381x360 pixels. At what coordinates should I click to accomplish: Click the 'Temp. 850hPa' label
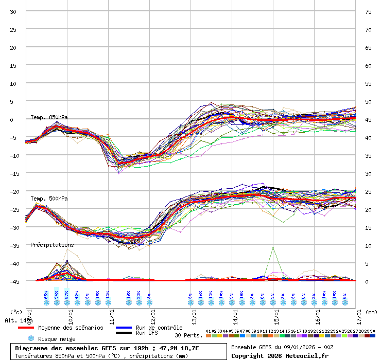[49, 117]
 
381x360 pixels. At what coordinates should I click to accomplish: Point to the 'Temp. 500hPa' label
[49, 199]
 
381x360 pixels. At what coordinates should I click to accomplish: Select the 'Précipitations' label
[52, 245]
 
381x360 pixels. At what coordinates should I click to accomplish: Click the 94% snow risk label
[56, 294]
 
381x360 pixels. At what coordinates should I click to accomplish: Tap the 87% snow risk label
[67, 294]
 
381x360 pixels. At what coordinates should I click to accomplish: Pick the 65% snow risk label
[46, 294]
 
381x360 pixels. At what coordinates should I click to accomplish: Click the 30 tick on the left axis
[13, 11]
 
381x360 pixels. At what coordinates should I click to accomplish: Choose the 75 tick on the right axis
[368, 11]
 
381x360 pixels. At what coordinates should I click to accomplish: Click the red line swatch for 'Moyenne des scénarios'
[26, 328]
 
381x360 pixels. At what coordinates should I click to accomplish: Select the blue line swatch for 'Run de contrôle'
[124, 328]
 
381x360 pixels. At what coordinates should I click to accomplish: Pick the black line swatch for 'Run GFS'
[124, 333]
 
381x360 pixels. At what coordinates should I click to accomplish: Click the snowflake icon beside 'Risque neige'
[31, 338]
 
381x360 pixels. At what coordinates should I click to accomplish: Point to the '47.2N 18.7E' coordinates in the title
[175, 348]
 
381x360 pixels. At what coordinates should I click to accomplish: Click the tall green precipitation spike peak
[273, 247]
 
